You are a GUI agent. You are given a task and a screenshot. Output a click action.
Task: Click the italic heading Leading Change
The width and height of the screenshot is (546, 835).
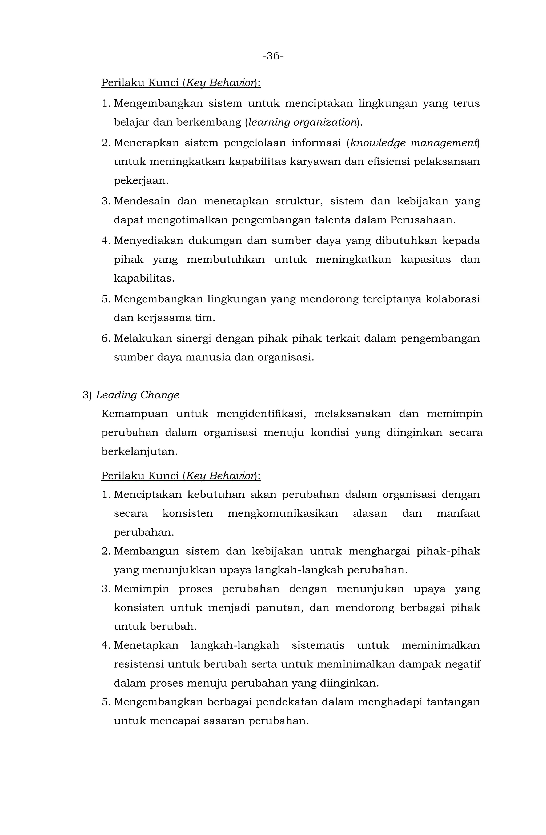point(137,395)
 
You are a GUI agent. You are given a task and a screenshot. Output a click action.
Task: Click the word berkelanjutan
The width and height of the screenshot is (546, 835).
point(139,452)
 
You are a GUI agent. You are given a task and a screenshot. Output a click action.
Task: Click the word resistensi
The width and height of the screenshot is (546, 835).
point(139,664)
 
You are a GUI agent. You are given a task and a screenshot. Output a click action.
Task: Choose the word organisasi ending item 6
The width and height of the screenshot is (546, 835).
point(285,358)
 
